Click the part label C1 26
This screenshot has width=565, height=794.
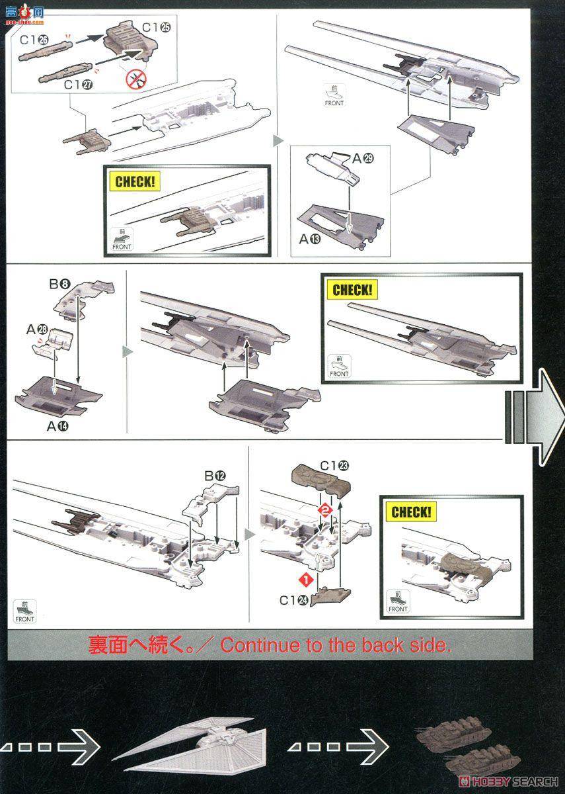click(34, 40)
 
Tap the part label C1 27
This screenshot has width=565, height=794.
click(79, 85)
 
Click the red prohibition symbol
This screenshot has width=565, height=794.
click(135, 80)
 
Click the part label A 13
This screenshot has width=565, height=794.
click(310, 239)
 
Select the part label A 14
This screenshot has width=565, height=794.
click(58, 426)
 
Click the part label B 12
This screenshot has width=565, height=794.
click(215, 475)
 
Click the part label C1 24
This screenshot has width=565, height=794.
click(292, 600)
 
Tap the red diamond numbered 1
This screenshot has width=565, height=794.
click(306, 580)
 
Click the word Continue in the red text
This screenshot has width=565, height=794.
click(260, 645)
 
